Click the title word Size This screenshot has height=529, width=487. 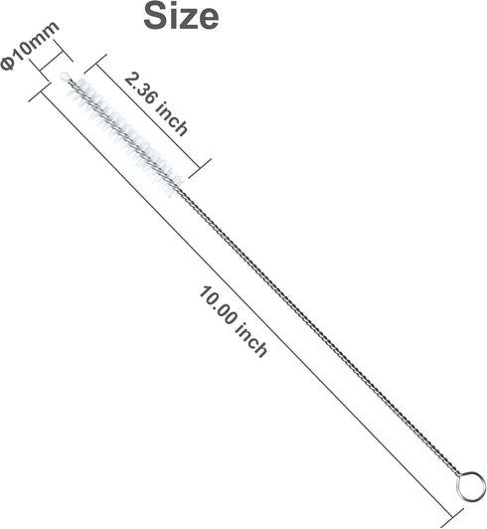181,16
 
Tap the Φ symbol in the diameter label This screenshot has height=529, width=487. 7,65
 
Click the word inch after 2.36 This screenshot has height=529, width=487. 171,119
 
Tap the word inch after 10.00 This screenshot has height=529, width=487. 251,340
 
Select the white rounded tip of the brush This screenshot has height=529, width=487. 65,76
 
